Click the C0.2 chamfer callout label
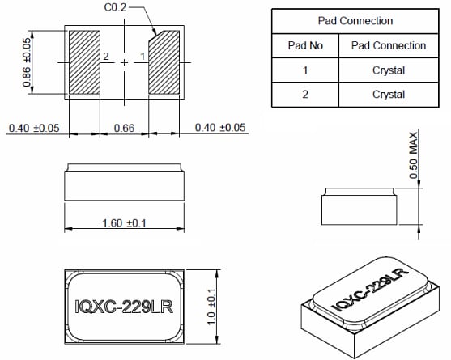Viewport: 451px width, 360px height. tap(115, 9)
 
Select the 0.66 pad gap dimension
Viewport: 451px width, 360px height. tap(124, 128)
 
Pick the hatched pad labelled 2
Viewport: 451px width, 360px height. tap(83, 62)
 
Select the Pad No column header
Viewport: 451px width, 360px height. tap(305, 45)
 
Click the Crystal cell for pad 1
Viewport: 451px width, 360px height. tap(388, 70)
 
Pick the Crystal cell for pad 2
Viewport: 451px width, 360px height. tap(388, 95)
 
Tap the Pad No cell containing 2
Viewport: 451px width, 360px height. tap(305, 95)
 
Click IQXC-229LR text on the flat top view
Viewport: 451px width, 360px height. tap(124, 307)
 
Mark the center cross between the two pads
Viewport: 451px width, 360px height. tap(124, 62)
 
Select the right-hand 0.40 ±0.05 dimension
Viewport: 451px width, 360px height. tap(219, 128)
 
